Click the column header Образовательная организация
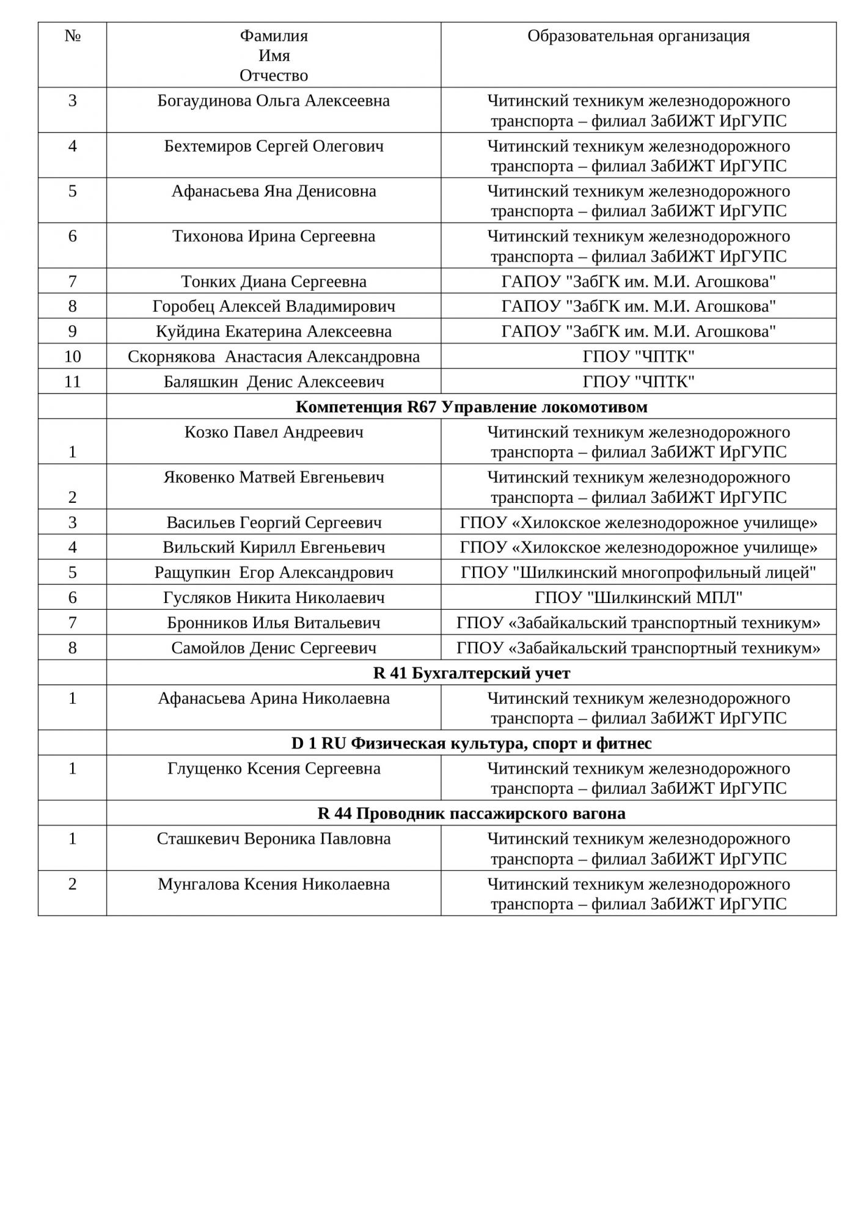(638, 36)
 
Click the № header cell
(73, 36)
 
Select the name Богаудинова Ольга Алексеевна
(273, 101)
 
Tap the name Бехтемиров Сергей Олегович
(273, 146)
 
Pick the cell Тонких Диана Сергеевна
(273, 282)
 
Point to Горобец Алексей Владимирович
(273, 307)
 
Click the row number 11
(73, 382)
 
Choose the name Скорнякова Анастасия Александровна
(273, 357)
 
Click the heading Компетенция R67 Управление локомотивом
(471, 407)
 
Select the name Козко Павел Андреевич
(273, 433)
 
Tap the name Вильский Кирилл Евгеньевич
(273, 547)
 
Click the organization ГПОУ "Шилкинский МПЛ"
(638, 598)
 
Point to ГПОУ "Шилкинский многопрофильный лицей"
(638, 573)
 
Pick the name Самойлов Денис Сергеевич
(273, 648)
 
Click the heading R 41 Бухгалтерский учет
(471, 673)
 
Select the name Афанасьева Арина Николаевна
(273, 698)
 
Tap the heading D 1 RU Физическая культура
(471, 744)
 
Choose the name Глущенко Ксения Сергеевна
(273, 769)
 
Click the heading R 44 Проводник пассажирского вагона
(471, 814)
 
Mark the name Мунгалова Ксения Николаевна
(273, 884)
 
